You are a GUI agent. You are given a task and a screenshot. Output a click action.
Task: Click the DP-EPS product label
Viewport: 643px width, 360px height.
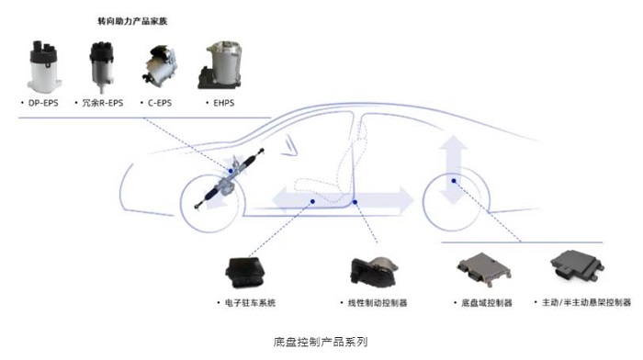[x=43, y=103]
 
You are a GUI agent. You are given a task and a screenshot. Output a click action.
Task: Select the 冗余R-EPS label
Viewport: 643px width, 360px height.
[x=103, y=103]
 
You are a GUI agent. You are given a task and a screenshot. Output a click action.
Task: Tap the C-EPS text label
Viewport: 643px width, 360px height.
[x=160, y=103]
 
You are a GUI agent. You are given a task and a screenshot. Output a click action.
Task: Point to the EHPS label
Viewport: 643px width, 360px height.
[x=223, y=103]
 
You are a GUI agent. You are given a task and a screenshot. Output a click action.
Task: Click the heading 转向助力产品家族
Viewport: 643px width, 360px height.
[x=132, y=21]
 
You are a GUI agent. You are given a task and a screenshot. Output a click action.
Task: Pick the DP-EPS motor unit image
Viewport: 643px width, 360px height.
[x=44, y=66]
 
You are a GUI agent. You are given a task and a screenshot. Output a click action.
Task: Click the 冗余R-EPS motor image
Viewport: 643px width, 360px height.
[x=101, y=66]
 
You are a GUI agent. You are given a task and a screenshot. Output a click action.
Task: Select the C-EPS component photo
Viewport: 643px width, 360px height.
[x=160, y=65]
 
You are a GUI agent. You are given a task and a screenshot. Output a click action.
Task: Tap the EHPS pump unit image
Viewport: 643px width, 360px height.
[x=220, y=65]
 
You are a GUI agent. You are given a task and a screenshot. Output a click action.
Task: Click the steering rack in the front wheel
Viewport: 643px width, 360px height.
[x=228, y=179]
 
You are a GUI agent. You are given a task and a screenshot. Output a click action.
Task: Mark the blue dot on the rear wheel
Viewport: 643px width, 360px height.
[x=454, y=181]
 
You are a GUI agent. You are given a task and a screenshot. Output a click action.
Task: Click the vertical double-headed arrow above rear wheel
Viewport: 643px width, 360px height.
[x=454, y=170]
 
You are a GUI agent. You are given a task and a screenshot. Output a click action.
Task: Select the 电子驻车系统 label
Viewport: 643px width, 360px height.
[x=250, y=303]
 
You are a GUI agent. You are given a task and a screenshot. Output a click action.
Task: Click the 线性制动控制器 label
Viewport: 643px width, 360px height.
[x=378, y=303]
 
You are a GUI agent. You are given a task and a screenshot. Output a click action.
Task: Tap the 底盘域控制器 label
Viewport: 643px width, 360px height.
[x=487, y=303]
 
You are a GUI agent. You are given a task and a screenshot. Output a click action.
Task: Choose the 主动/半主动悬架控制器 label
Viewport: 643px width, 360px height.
[x=586, y=302]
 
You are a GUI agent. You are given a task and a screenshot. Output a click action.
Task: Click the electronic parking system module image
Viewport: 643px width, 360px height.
[x=245, y=272]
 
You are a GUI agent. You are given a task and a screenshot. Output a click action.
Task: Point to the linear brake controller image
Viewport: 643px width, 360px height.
[x=374, y=272]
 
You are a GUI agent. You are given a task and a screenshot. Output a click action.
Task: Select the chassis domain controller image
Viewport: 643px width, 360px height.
[x=484, y=269]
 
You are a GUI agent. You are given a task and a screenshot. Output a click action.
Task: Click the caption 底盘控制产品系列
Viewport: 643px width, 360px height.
[x=321, y=342]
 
